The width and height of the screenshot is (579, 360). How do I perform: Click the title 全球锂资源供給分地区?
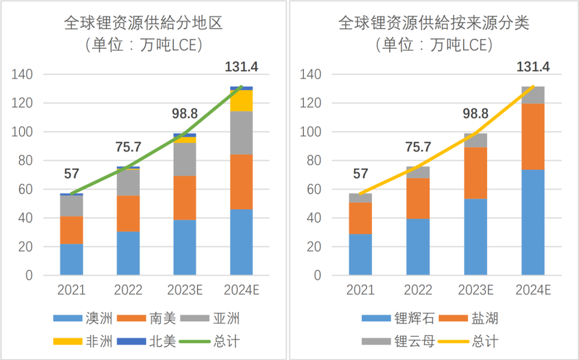pos(143,23)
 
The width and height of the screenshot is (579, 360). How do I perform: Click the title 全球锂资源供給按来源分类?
pos(434,23)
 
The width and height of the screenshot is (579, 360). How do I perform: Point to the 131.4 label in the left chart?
pos(241,67)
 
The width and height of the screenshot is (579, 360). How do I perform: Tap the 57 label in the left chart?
pos(71,173)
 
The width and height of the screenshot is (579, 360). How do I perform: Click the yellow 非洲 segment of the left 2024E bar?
pos(241,101)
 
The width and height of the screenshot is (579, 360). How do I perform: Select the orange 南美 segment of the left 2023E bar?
pos(185,197)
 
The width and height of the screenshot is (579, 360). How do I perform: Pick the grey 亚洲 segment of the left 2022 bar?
pos(128,182)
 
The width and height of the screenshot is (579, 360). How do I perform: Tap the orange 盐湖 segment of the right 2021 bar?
pos(360,218)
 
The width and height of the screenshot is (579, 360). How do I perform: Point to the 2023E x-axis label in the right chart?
pos(476,290)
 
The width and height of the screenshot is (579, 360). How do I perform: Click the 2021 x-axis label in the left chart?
pos(71,290)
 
